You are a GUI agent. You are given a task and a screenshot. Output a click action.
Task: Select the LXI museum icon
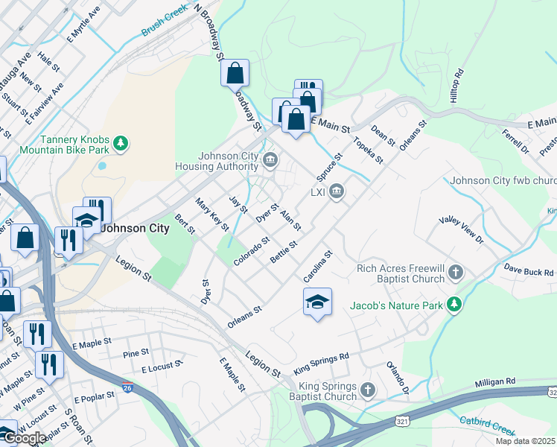337,192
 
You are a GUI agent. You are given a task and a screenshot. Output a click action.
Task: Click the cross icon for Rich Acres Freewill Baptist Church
456,273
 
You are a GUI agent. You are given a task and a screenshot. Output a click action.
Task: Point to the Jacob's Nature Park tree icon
453,305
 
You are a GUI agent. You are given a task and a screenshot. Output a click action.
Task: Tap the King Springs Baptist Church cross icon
367,390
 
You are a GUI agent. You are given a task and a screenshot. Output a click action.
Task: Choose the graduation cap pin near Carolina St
317,302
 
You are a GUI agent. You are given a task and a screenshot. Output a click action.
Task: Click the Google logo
24,438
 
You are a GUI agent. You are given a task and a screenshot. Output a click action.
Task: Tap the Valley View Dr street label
461,230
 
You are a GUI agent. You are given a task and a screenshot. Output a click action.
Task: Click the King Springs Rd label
321,363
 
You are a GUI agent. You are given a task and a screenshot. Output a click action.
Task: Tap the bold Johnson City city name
134,228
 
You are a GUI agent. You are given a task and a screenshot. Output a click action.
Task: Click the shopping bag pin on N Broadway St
235,73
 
